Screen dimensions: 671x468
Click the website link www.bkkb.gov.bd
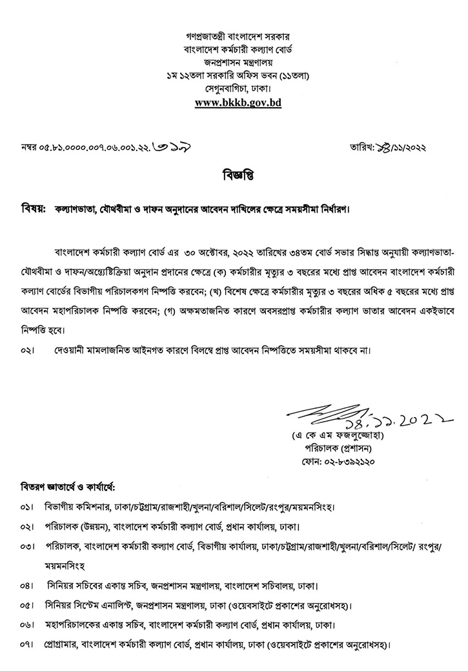point(238,102)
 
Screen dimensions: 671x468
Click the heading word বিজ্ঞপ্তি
point(234,176)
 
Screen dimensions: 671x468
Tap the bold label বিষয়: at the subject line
point(32,210)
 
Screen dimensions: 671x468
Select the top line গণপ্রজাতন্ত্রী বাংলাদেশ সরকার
point(238,38)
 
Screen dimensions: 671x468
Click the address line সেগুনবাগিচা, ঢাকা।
point(238,88)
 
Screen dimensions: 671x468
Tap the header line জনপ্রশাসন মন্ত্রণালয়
point(238,63)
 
